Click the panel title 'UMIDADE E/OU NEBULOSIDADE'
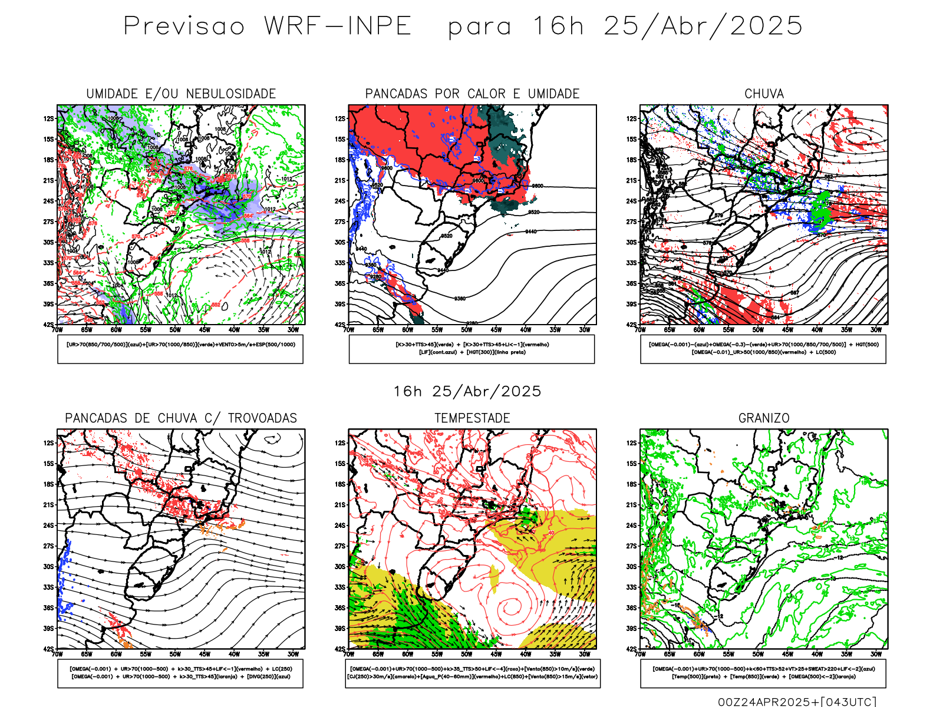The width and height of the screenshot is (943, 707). (181, 94)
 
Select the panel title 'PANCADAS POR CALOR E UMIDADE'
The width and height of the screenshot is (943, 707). (472, 94)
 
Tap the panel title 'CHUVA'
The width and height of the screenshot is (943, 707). (764, 94)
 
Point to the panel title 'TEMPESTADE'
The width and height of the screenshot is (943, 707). (472, 418)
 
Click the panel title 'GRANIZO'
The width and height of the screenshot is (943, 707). (764, 418)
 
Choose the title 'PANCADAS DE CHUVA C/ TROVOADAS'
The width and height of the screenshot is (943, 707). (181, 418)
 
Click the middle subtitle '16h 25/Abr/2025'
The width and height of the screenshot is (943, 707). (467, 391)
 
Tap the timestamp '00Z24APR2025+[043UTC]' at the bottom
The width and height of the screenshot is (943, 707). (797, 701)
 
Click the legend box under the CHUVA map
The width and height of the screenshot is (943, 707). (763, 349)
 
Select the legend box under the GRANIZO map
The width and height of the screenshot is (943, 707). (763, 673)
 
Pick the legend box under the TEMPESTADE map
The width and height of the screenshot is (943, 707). (472, 673)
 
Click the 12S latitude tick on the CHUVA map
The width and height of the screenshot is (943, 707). (632, 118)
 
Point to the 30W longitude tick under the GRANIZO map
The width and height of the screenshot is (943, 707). (876, 654)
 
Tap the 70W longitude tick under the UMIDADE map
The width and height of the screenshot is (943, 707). (57, 330)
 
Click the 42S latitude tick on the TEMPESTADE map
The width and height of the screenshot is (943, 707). (340, 649)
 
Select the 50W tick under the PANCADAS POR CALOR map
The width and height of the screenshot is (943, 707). (467, 330)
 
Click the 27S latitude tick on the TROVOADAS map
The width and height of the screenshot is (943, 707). (48, 546)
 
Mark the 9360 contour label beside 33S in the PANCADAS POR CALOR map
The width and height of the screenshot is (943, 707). (371, 265)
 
